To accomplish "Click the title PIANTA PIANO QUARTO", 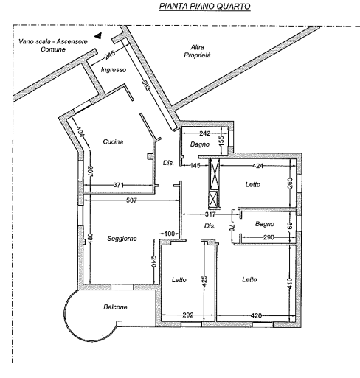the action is pyautogui.click(x=205, y=6).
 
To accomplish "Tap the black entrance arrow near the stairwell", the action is pyautogui.click(x=98, y=36).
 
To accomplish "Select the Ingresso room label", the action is pyautogui.click(x=114, y=70).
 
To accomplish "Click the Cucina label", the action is pyautogui.click(x=113, y=142).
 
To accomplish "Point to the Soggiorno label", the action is pyautogui.click(x=122, y=239).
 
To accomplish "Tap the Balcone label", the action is pyautogui.click(x=115, y=307).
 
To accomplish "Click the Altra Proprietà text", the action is pyautogui.click(x=197, y=51).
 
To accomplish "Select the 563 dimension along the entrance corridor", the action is pyautogui.click(x=145, y=85).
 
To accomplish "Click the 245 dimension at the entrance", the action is pyautogui.click(x=110, y=55).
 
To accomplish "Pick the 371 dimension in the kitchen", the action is pyautogui.click(x=118, y=185).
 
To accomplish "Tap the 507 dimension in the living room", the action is pyautogui.click(x=131, y=200).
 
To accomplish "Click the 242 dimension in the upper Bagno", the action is pyautogui.click(x=204, y=133).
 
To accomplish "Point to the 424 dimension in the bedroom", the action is pyautogui.click(x=257, y=166).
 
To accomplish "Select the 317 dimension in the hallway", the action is pyautogui.click(x=210, y=214).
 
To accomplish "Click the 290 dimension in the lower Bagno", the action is pyautogui.click(x=269, y=237).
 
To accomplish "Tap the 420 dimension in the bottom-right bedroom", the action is pyautogui.click(x=256, y=315).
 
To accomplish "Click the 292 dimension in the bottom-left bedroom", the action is pyautogui.click(x=188, y=315).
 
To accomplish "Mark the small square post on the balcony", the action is pyautogui.click(x=119, y=323).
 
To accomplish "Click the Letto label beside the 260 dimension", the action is pyautogui.click(x=253, y=184).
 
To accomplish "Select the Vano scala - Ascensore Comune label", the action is pyautogui.click(x=53, y=46).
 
